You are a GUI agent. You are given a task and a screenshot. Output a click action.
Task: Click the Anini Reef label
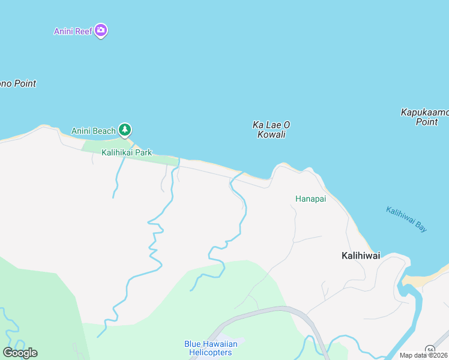pyautogui.click(x=73, y=31)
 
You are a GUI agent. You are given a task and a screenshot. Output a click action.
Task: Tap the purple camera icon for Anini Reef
pyautogui.click(x=101, y=30)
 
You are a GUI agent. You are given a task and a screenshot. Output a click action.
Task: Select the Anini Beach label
pyautogui.click(x=93, y=131)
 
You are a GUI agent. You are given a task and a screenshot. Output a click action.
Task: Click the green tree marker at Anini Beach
pyautogui.click(x=125, y=129)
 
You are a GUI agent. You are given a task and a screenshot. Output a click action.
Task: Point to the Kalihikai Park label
pyautogui.click(x=127, y=152)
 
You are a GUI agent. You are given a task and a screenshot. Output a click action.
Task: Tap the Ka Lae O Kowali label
pyautogui.click(x=271, y=129)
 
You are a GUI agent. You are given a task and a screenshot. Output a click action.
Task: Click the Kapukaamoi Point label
pyautogui.click(x=425, y=117)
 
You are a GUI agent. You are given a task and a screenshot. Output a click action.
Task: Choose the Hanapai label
pyautogui.click(x=310, y=199)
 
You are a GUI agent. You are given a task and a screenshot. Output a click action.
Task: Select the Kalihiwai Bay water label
pyautogui.click(x=406, y=219)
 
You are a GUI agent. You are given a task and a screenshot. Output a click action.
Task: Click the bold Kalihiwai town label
pyautogui.click(x=360, y=256)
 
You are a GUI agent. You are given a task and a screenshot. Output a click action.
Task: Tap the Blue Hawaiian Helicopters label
pyautogui.click(x=211, y=348)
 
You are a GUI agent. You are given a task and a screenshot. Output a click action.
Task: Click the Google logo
pyautogui.click(x=20, y=353)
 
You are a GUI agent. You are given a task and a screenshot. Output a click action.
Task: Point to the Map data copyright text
pyautogui.click(x=423, y=355)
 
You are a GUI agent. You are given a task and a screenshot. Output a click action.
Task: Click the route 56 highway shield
pyautogui.click(x=430, y=350)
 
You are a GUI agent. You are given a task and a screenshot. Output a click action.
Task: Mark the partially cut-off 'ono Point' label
pyautogui.click(x=18, y=83)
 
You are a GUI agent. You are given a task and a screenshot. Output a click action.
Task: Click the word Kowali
pyautogui.click(x=271, y=134)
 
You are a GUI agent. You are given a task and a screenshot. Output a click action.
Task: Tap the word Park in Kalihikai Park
pyautogui.click(x=143, y=152)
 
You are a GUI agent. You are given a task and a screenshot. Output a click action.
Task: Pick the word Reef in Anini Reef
pyautogui.click(x=83, y=31)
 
